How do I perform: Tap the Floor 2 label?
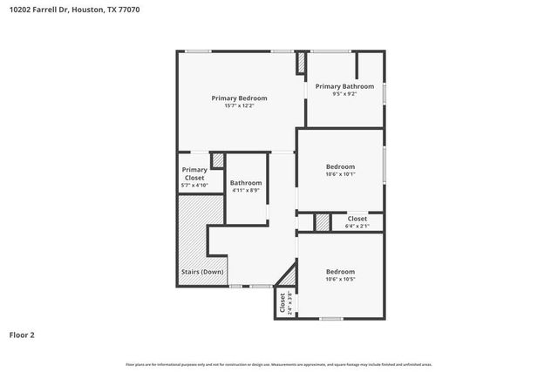click(22, 335)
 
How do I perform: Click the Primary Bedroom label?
click(239, 98)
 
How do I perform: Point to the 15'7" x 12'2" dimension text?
click(239, 106)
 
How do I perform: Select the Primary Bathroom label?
click(344, 86)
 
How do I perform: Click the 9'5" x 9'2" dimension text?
click(344, 94)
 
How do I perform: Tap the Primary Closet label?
click(194, 173)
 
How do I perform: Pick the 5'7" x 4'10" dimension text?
click(194, 185)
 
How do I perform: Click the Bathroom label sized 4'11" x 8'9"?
click(246, 182)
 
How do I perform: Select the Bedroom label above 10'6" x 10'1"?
click(340, 166)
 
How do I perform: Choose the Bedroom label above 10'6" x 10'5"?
click(340, 271)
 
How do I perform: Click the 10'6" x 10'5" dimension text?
click(340, 279)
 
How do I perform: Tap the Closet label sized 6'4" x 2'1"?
click(357, 219)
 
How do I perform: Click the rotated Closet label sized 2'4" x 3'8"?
click(282, 302)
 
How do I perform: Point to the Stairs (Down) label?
click(202, 272)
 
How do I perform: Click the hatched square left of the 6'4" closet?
click(323, 222)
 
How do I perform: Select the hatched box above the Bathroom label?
click(218, 160)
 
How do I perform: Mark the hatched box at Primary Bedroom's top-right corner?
click(302, 64)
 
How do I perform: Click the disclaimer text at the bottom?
click(279, 364)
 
